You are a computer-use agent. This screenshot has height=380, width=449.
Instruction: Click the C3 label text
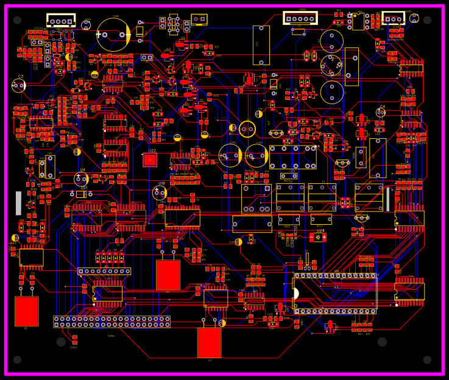pos(21,77)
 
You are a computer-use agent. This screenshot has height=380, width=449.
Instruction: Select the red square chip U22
pos(150,160)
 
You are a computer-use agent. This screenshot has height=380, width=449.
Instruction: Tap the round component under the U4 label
pos(82,179)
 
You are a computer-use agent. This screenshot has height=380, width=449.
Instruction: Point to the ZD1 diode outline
pos(81,194)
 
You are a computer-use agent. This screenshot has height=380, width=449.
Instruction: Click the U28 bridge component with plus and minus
pos(318,237)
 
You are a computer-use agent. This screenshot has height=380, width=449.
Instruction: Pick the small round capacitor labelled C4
pos(380,113)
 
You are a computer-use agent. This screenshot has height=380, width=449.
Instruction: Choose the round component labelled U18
pos(160,192)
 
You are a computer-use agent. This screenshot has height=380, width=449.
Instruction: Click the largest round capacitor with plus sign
pos(113,34)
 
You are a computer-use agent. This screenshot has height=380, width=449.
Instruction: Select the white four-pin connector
pos(61,20)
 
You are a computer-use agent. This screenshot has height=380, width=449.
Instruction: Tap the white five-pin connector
pos(300,18)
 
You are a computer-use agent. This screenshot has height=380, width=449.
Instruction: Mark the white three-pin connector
pos(394,18)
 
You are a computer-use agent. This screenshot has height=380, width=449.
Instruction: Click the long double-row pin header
pos(112,322)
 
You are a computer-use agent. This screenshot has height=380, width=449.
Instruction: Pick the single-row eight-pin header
pos(104,271)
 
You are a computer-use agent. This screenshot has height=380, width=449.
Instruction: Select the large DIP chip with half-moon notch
pos(335,294)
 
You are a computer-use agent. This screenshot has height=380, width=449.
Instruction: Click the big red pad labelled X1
pos(26,311)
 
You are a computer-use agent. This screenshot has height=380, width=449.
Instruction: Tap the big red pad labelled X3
pos(209,343)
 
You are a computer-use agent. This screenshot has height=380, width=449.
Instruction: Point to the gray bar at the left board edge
pos(18,203)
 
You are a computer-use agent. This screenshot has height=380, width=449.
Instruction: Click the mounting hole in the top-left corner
pos(16,20)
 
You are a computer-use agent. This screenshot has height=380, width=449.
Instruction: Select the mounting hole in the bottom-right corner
pos(427,359)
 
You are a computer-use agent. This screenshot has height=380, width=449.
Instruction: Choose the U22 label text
pos(152,150)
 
